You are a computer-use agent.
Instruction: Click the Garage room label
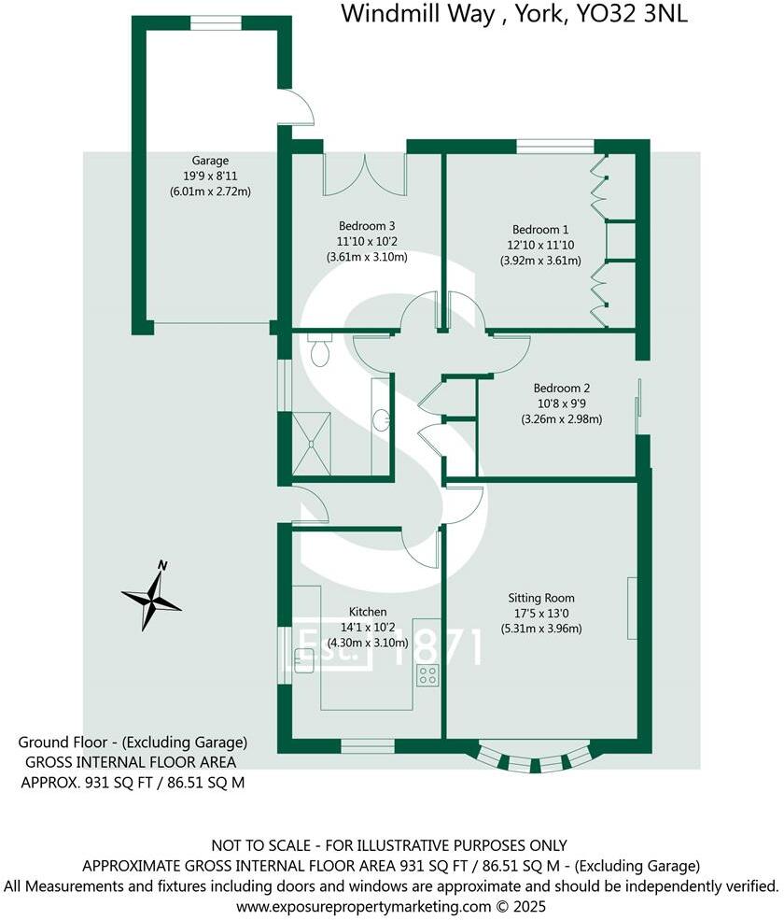210,160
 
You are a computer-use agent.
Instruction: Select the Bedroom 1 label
539,229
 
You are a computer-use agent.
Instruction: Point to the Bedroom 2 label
561,388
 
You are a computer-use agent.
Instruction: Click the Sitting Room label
540,598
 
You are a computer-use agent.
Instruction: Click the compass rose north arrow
151,597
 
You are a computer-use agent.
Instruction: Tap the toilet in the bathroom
319,352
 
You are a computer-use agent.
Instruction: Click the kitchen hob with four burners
427,675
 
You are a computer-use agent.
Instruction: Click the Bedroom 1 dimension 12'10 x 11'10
539,245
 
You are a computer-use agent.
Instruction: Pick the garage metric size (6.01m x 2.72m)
210,191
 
